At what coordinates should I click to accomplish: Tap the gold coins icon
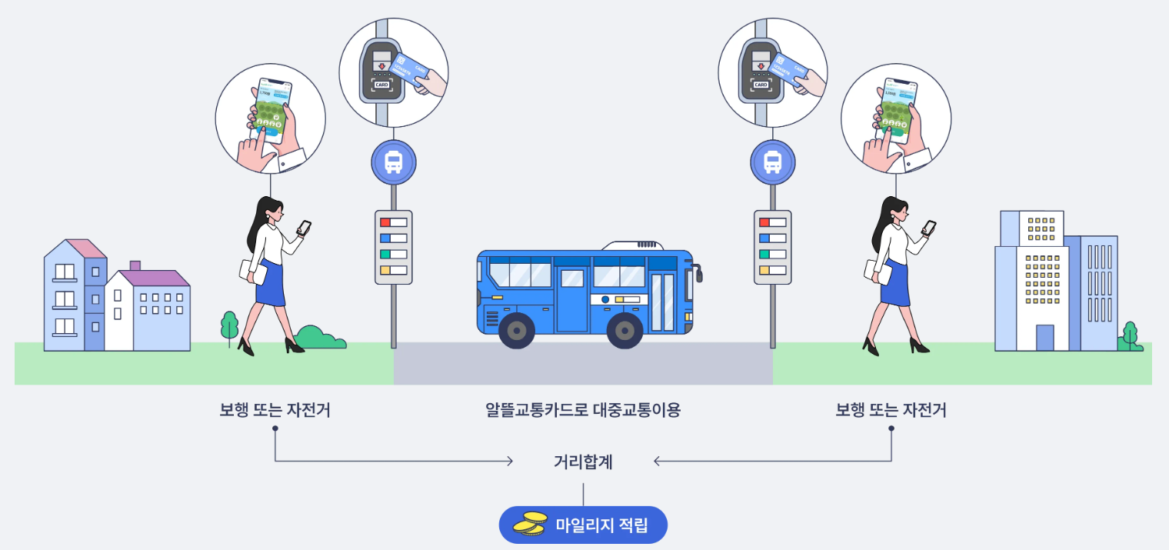pyautogui.click(x=530, y=524)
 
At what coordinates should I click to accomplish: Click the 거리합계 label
pyautogui.click(x=583, y=462)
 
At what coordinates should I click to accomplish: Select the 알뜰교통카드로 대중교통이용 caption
pyautogui.click(x=583, y=410)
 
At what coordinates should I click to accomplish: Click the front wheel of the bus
pyautogui.click(x=624, y=331)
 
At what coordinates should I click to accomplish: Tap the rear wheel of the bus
pyautogui.click(x=517, y=331)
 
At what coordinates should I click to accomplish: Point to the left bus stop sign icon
pyautogui.click(x=394, y=162)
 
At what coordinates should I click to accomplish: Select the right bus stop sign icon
pyautogui.click(x=773, y=162)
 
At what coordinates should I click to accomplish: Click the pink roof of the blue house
pyautogui.click(x=86, y=248)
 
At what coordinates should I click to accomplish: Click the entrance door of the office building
pyautogui.click(x=1044, y=338)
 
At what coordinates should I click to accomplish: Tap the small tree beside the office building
pyautogui.click(x=1129, y=335)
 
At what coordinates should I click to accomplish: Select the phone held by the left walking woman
pyautogui.click(x=305, y=228)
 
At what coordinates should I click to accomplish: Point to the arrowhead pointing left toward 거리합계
pyautogui.click(x=657, y=462)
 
